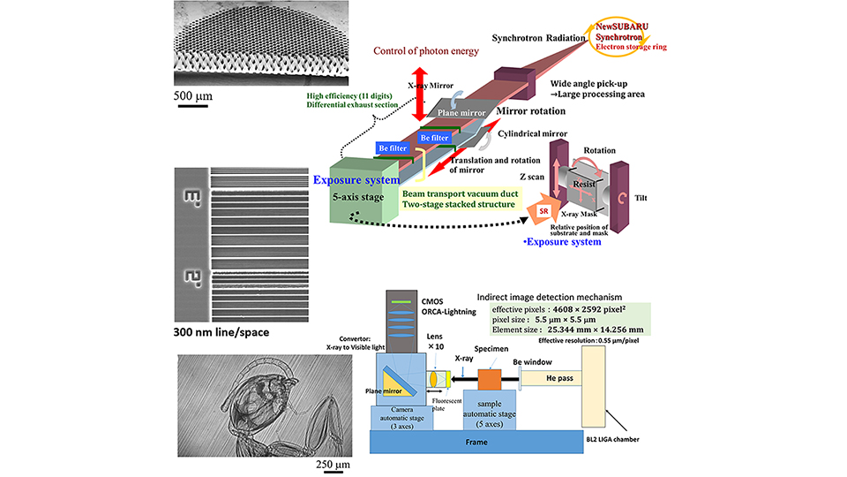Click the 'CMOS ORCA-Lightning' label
458,306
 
